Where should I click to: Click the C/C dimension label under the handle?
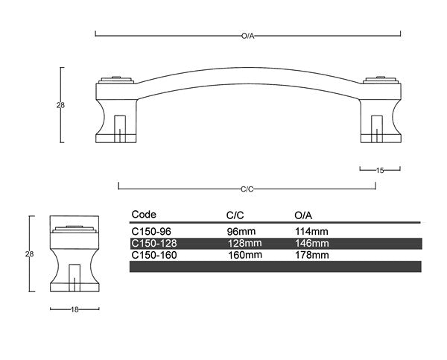[x=247, y=189]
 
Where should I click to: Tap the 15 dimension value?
[x=380, y=171]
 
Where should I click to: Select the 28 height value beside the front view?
[x=60, y=105]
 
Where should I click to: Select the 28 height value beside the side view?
[x=30, y=254]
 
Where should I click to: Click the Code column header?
[x=144, y=215]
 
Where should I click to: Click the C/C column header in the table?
[x=235, y=215]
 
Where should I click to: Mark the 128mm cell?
[x=244, y=243]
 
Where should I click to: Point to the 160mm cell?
[x=244, y=255]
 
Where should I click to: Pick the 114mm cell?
[x=311, y=231]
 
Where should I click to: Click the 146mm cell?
[x=311, y=243]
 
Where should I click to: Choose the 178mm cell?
[x=311, y=255]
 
